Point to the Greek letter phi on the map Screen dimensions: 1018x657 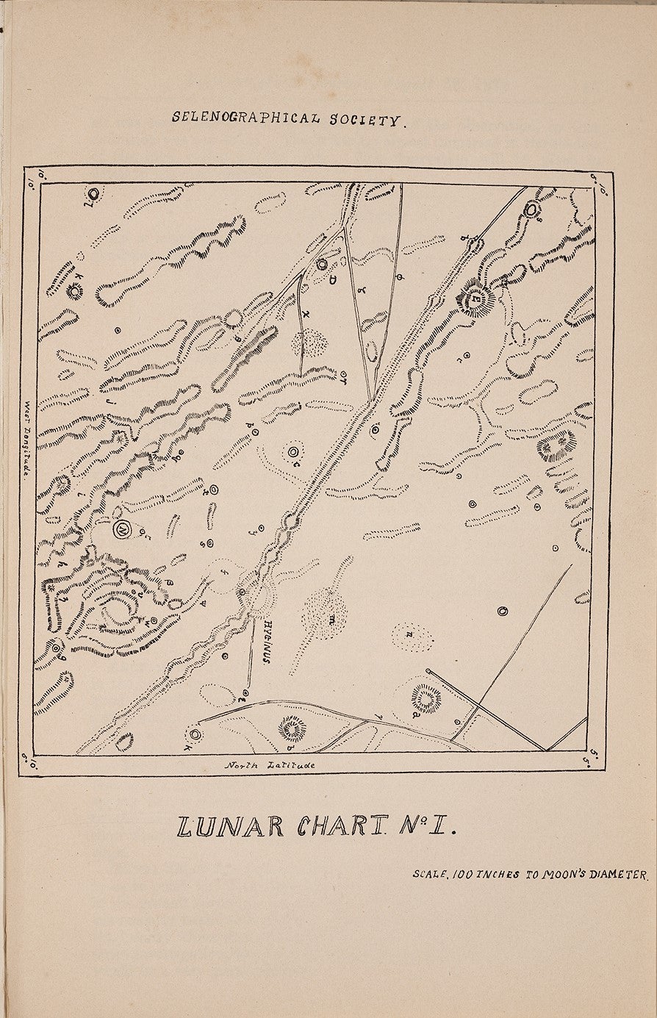click(400, 277)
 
